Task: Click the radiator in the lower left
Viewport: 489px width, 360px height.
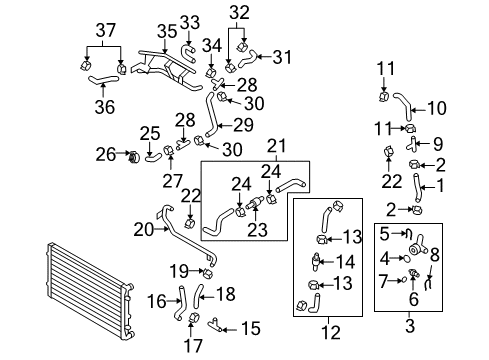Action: (x=89, y=290)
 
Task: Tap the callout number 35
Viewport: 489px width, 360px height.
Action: (x=167, y=31)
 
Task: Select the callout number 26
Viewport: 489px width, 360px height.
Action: (x=106, y=155)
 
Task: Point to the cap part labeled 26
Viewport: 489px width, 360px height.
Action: (x=134, y=157)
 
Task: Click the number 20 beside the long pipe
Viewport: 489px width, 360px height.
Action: (x=144, y=230)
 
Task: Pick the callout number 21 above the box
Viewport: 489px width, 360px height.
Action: (x=277, y=146)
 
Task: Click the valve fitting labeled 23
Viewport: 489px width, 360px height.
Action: (x=255, y=203)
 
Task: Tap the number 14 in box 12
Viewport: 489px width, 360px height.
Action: (x=345, y=262)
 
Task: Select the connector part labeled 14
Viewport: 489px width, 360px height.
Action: (x=315, y=260)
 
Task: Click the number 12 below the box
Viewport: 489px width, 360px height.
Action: (x=331, y=332)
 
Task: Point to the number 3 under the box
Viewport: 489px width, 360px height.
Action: (x=410, y=325)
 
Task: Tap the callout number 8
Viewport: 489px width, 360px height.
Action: (x=434, y=256)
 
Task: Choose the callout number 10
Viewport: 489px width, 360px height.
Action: (x=437, y=108)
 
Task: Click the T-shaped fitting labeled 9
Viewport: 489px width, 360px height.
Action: (x=412, y=144)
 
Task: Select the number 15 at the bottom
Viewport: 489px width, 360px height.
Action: (x=251, y=329)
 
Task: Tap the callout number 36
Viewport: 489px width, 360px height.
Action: (x=105, y=107)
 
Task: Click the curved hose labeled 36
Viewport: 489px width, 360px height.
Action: (x=103, y=80)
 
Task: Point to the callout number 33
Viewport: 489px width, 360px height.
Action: (x=190, y=23)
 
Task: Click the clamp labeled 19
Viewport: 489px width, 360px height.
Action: (x=208, y=274)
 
